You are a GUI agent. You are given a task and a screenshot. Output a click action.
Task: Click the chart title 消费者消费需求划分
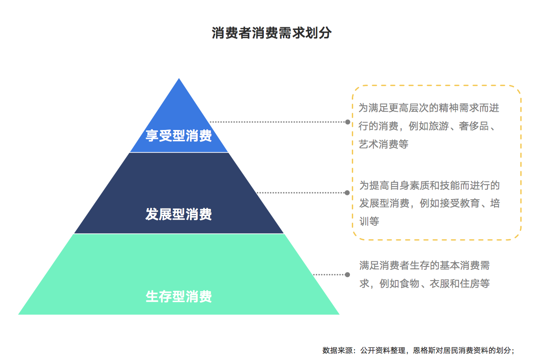pos(271,33)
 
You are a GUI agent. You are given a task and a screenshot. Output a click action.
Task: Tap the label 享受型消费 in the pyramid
pos(179,136)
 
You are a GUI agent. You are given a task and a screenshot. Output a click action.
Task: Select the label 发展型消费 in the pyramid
pos(179,215)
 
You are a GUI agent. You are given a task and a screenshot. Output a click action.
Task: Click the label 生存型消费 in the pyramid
pos(179,296)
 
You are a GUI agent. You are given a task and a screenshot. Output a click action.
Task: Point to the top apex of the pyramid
pos(179,79)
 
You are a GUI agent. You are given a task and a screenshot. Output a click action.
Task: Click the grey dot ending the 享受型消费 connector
pos(348,122)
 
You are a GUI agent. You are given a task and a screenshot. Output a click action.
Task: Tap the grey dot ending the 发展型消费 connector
pos(347,193)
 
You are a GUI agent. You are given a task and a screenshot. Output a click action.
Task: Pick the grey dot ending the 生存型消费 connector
pos(347,275)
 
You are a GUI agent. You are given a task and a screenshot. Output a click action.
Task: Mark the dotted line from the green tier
pos(330,275)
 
